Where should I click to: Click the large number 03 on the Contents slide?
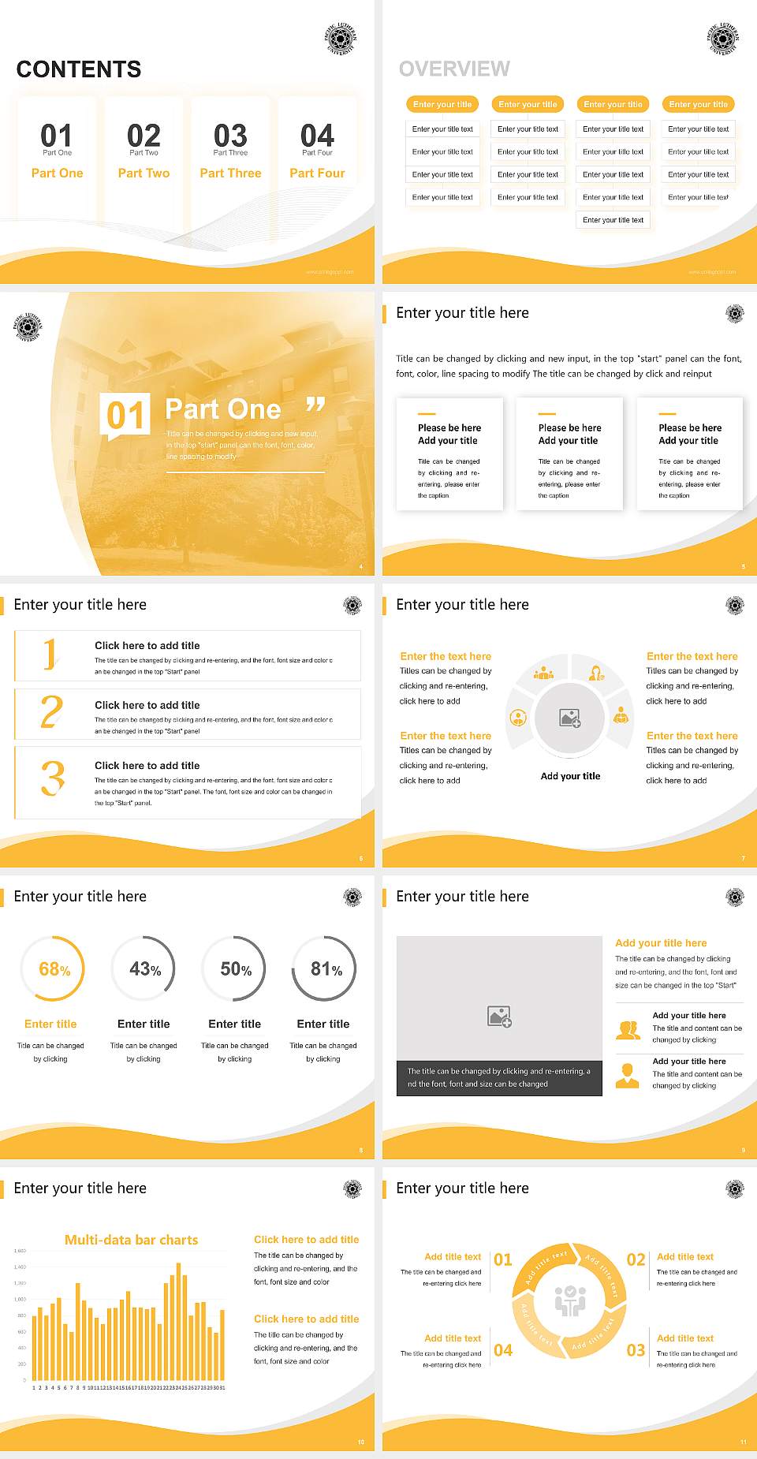230,136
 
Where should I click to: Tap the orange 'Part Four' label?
317,173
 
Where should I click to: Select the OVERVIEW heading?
454,69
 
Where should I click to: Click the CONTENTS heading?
79,69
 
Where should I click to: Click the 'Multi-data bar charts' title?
132,1240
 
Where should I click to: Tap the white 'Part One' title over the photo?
222,409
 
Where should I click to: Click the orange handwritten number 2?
51,712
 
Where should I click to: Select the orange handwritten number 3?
52,778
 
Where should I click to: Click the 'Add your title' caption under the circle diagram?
570,776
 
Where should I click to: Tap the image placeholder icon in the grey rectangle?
499,1017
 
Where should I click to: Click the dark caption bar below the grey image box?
499,1077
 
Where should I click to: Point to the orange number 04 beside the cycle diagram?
503,1350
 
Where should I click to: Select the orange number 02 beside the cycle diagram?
636,1259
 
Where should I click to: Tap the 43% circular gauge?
144,969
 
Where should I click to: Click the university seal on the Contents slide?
341,38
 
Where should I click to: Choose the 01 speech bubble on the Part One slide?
125,415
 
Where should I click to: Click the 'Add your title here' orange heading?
661,942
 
